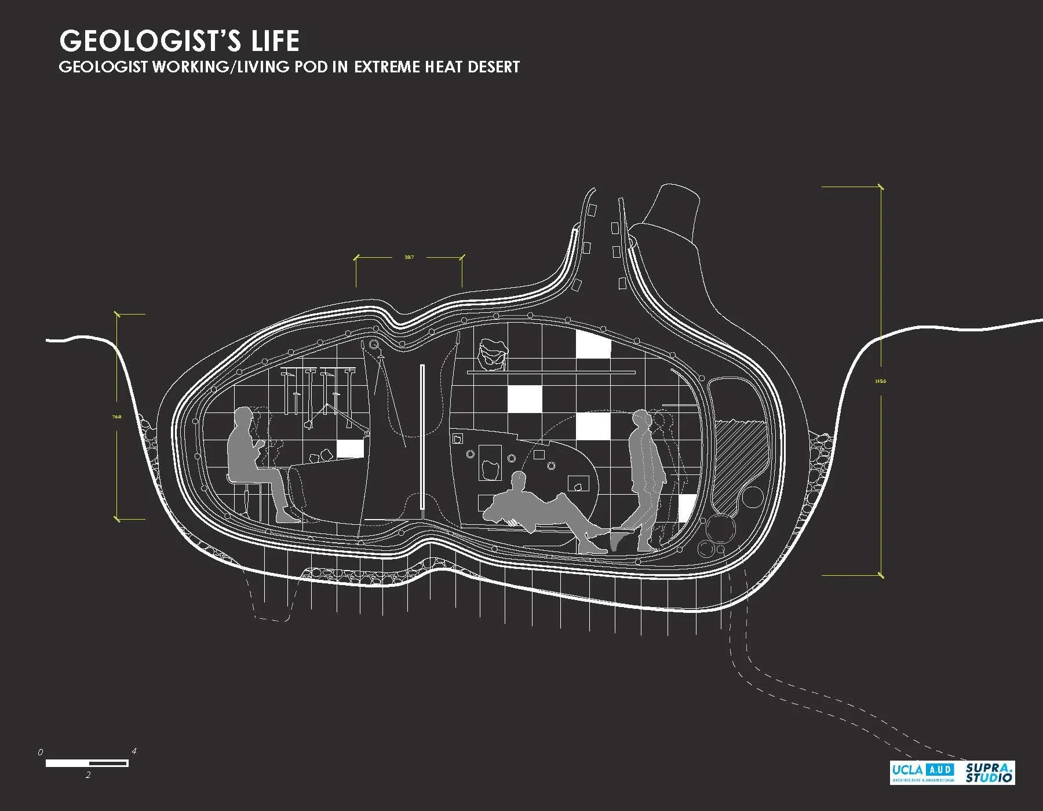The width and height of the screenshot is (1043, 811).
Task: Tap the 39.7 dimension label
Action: pos(409,257)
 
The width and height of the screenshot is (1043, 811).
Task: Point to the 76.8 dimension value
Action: pos(117,417)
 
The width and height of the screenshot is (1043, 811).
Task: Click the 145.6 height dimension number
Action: pos(881,381)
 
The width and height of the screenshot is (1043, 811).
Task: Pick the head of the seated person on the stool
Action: pos(244,418)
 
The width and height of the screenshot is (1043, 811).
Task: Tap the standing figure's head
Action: pos(641,418)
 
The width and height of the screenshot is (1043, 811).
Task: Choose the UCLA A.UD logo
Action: pos(922,773)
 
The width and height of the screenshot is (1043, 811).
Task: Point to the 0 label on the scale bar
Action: pos(40,752)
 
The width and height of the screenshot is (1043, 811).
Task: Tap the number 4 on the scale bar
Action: pos(134,751)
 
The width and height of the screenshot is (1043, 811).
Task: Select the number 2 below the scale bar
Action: pos(88,775)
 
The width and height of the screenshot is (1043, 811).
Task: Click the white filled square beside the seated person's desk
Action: pos(349,449)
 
